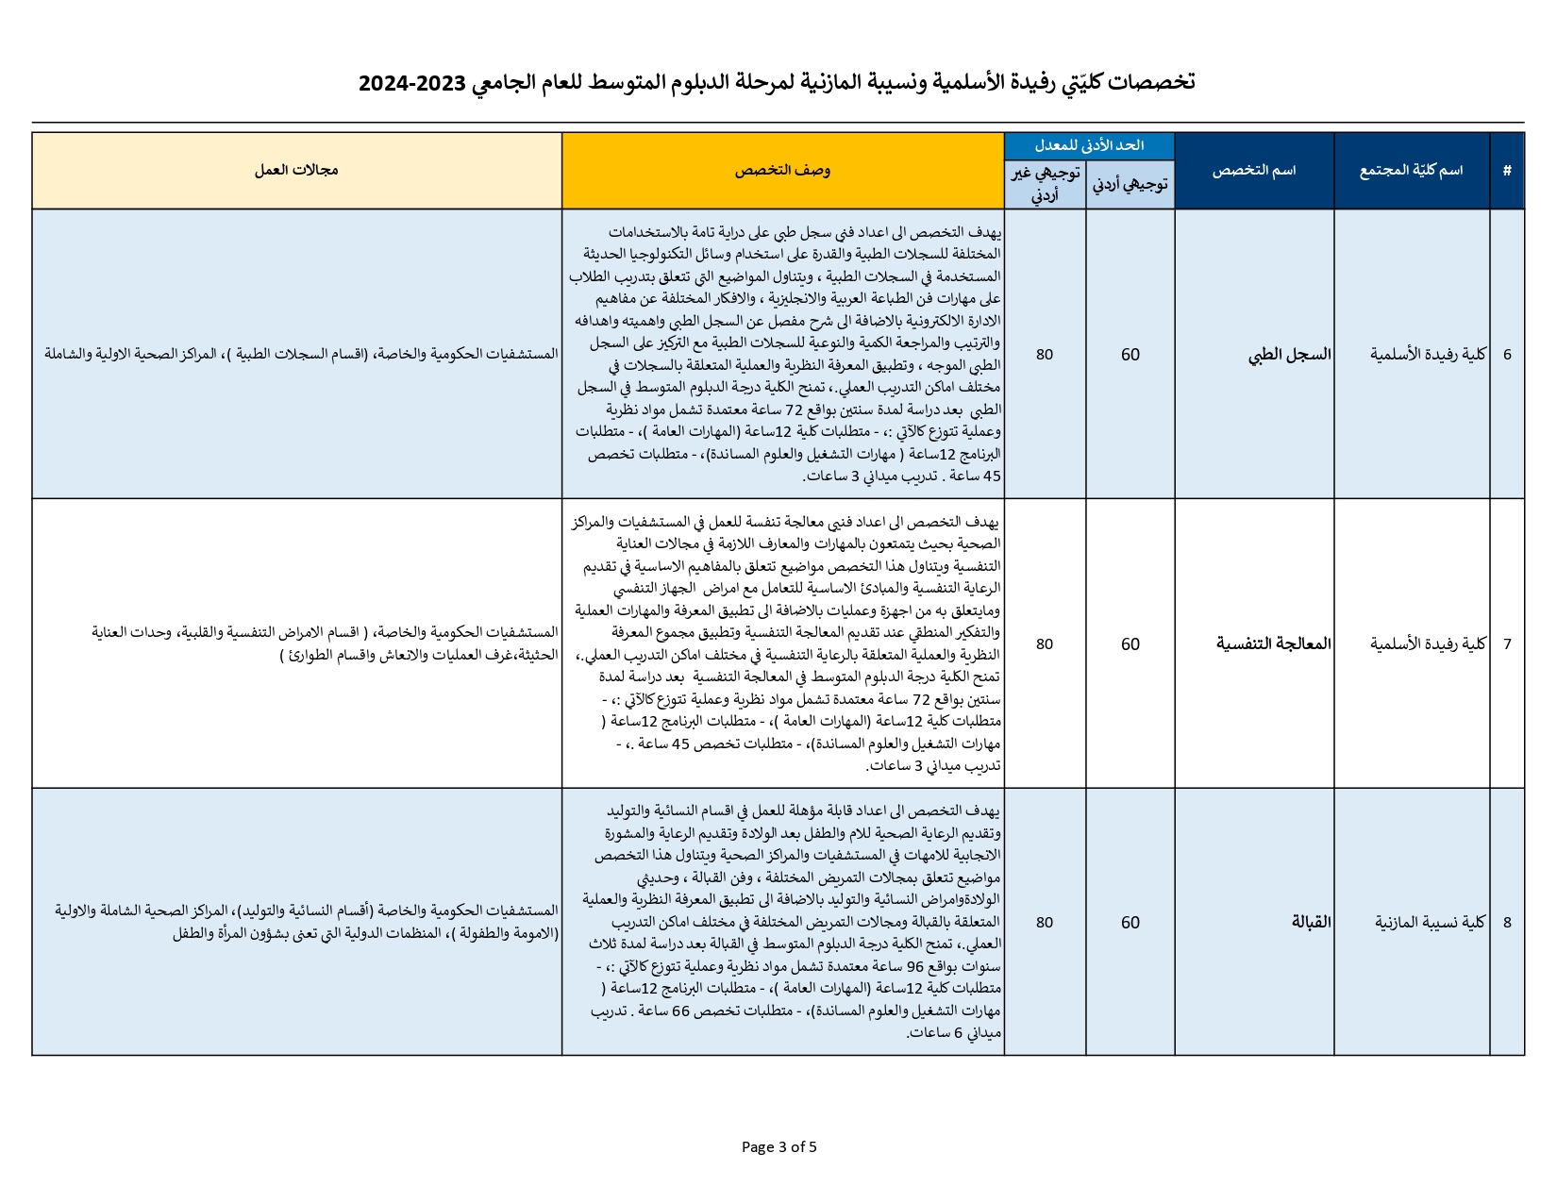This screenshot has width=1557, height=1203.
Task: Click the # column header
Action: tap(1507, 171)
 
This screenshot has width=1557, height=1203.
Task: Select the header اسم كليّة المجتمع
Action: tap(1411, 171)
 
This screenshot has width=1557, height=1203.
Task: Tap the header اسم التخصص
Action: tap(1253, 171)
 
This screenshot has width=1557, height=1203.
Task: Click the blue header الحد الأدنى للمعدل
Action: tap(1089, 145)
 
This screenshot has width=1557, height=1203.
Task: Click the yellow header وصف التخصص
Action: tap(782, 171)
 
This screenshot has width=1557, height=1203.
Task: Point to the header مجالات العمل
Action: tap(296, 171)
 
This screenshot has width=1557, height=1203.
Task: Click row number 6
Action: tap(1507, 355)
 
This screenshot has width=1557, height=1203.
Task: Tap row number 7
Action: tap(1507, 644)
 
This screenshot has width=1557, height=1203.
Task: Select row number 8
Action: tap(1507, 923)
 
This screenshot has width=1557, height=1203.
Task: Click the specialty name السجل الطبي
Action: tap(1289, 355)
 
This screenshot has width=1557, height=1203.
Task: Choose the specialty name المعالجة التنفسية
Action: tap(1273, 644)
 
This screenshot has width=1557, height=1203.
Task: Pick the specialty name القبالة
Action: tap(1311, 923)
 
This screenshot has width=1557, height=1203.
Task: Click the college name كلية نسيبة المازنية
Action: tap(1430, 923)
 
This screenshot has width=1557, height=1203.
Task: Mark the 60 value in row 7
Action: tap(1130, 644)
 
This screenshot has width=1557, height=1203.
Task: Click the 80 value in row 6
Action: tap(1045, 355)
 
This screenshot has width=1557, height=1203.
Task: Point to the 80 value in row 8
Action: tap(1045, 923)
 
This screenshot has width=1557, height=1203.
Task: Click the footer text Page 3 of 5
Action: tap(778, 1147)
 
